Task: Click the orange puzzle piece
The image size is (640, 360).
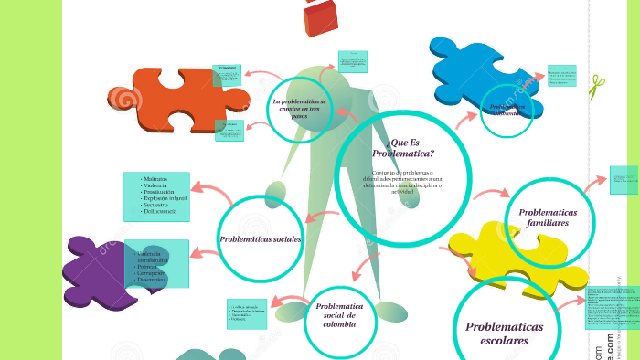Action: pyautogui.click(x=174, y=97)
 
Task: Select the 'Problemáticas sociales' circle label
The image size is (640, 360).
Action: pyautogui.click(x=261, y=239)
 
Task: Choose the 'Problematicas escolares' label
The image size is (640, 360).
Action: pyautogui.click(x=504, y=334)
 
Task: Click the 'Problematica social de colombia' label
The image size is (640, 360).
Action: pyautogui.click(x=339, y=314)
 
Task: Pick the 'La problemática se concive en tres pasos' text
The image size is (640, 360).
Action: pyautogui.click(x=299, y=108)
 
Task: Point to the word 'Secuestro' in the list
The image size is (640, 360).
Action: pyautogui.click(x=160, y=205)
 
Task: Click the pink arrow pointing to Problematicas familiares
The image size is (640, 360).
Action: pyautogui.click(x=492, y=194)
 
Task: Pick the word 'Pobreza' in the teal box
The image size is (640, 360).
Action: pyautogui.click(x=149, y=266)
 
